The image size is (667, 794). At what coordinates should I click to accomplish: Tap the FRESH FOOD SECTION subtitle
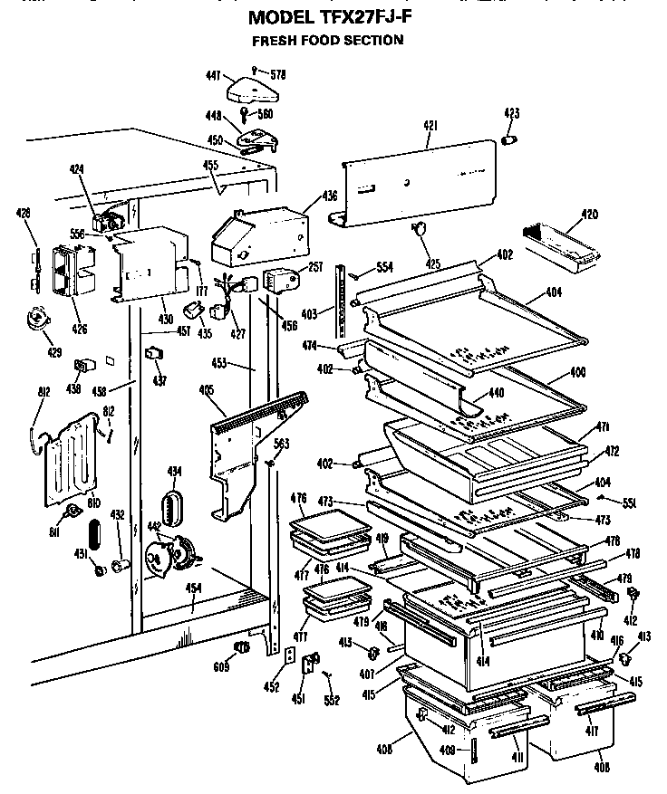click(x=327, y=40)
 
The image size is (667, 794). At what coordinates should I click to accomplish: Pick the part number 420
click(x=589, y=215)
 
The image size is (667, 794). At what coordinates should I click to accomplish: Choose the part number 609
click(x=221, y=667)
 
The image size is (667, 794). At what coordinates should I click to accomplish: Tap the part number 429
click(x=28, y=350)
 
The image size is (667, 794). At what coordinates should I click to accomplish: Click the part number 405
click(x=206, y=391)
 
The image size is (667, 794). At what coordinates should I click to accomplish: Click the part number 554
click(x=385, y=267)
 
